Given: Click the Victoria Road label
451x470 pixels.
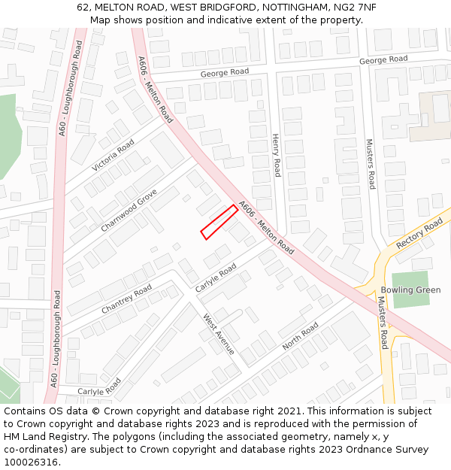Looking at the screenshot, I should coord(113,154).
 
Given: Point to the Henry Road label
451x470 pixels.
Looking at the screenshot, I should coord(276,156).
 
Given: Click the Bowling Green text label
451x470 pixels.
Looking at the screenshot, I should coord(410,290).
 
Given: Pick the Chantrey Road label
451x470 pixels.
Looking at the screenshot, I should coord(126,300).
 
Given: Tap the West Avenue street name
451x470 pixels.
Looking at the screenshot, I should coord(219,334).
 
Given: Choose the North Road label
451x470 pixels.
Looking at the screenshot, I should coord(300,336).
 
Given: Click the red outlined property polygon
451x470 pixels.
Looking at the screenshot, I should coord(219,223).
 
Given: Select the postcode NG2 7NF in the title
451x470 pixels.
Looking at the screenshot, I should coord(356,8).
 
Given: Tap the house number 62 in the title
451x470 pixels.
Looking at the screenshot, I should coord(83,8).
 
